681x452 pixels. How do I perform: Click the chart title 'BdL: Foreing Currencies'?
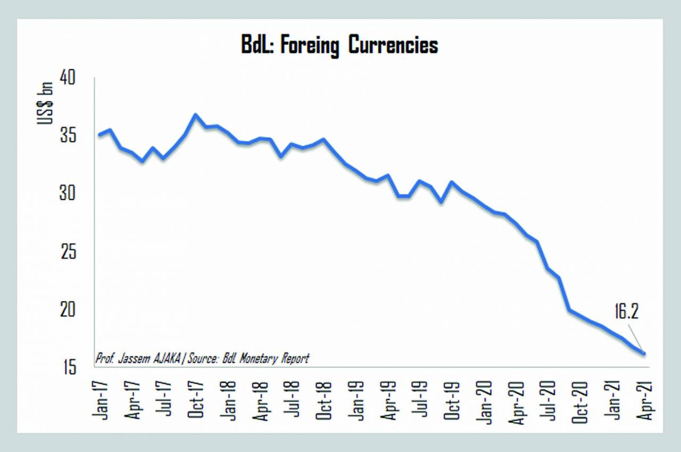click(x=339, y=45)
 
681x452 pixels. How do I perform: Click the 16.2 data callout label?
click(x=626, y=312)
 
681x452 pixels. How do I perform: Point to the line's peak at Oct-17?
click(x=195, y=114)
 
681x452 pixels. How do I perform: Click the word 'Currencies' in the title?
click(x=393, y=45)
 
